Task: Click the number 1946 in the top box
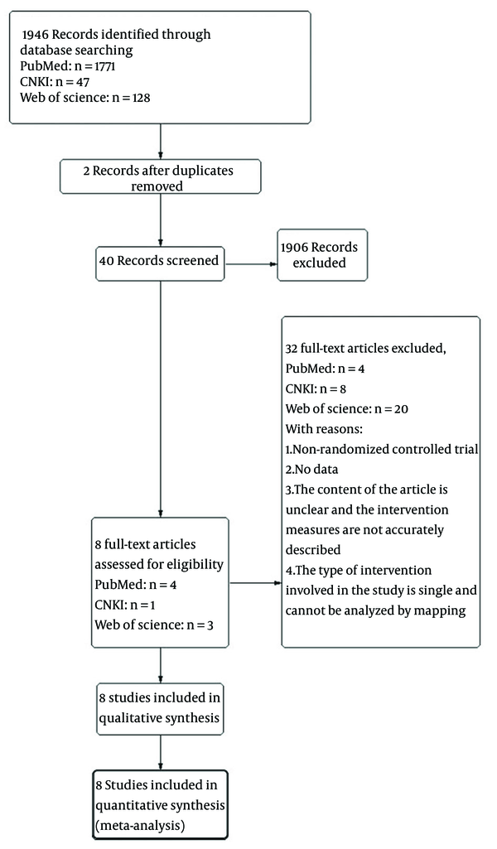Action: coord(35,35)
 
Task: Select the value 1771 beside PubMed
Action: coord(103,66)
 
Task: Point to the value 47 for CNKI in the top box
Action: coord(83,82)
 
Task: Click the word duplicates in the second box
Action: coord(200,171)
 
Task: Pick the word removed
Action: coord(157,186)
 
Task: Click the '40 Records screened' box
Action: coord(160,263)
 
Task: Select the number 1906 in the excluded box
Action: coord(294,248)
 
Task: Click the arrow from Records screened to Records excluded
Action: coord(251,264)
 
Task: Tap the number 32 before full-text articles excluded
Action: coord(292,348)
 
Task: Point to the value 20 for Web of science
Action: coord(401,409)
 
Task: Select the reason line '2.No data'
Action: coord(311,469)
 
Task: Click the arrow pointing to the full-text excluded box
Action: coord(255,583)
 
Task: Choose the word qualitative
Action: coord(128,718)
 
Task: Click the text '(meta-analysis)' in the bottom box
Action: coord(140,827)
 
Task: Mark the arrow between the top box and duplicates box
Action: coord(160,142)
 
